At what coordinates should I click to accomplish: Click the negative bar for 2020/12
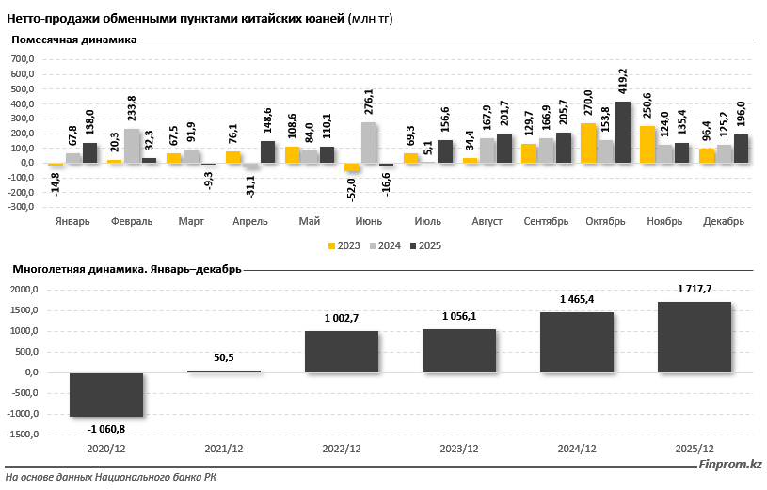[x=106, y=395]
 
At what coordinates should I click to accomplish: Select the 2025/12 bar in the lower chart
[x=695, y=337]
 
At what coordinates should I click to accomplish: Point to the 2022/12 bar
[x=342, y=352]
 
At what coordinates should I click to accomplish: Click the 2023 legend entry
[x=344, y=245]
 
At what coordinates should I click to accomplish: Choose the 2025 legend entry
[x=423, y=245]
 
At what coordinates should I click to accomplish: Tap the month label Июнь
[x=367, y=221]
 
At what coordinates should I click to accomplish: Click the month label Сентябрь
[x=546, y=221]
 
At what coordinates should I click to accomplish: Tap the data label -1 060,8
[x=106, y=429]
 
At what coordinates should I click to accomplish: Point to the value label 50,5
[x=224, y=358]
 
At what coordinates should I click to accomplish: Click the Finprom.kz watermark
[x=730, y=465]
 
